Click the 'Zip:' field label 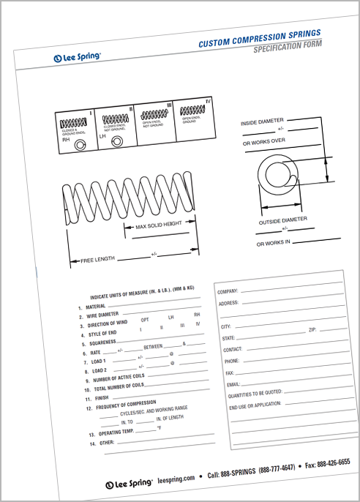(x=312, y=331)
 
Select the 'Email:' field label (x=233, y=383)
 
